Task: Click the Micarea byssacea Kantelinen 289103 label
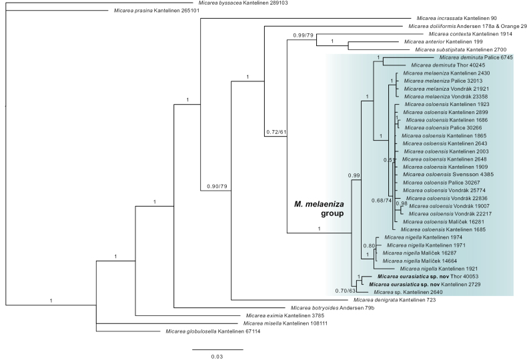pos(243,3)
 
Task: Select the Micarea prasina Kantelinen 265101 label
pos(157,11)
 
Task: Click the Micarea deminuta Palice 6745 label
pos(476,57)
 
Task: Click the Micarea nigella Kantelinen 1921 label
pos(438,269)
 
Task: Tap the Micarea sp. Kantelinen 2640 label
pos(408,292)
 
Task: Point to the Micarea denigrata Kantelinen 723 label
pos(394,300)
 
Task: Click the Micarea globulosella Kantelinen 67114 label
pos(213,331)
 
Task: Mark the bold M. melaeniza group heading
pos(319,209)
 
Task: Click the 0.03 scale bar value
pos(217,357)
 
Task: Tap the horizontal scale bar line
pos(217,349)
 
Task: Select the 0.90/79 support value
pos(217,187)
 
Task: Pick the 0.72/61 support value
pos(276,132)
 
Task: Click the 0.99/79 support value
pos(303,35)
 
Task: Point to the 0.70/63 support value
pos(345,291)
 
